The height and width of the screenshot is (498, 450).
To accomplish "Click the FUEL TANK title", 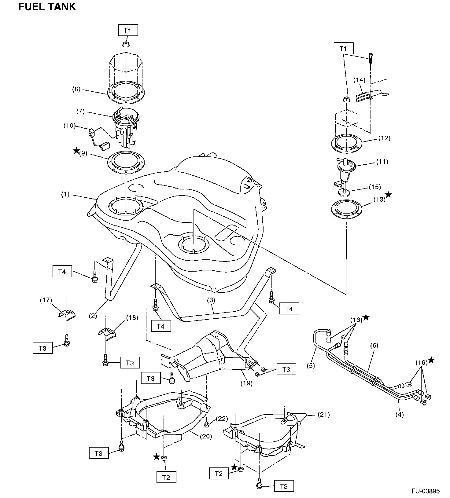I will [47, 7].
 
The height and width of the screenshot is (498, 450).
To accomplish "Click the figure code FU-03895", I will [425, 491].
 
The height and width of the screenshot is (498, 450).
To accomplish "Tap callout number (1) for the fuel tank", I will [65, 194].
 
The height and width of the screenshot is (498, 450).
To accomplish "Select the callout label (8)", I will [76, 89].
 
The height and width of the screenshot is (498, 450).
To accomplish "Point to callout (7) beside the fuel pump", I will [80, 111].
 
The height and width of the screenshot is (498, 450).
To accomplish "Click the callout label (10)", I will [69, 126].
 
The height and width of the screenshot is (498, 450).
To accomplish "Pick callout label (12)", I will [384, 138].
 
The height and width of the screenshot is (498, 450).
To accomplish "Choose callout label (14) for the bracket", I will [360, 80].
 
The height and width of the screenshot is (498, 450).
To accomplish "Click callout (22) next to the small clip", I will [222, 418].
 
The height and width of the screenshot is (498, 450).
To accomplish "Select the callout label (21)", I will [324, 415].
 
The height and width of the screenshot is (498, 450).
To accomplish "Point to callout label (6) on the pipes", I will [374, 346].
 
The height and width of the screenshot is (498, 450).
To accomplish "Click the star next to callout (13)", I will [388, 195].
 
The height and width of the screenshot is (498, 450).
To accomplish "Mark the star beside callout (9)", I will [76, 151].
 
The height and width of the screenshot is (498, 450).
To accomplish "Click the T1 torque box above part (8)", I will [128, 30].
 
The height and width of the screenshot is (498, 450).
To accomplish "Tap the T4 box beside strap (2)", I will [62, 272].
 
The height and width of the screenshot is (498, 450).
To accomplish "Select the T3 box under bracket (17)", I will [43, 348].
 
